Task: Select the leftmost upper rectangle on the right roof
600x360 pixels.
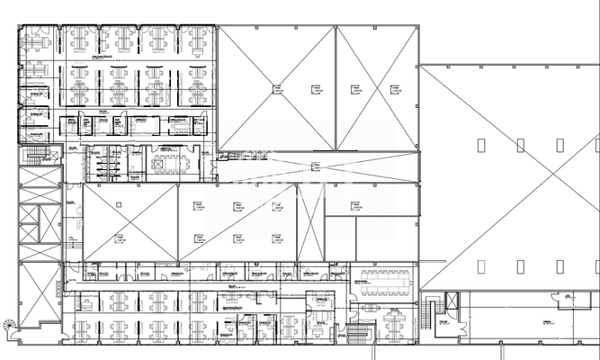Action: (x=481, y=144)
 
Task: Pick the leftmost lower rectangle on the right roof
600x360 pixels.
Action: (x=481, y=265)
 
